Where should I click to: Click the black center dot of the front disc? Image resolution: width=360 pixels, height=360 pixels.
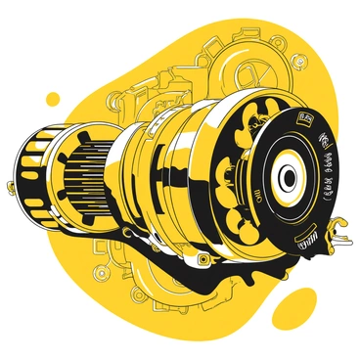pos(286,177)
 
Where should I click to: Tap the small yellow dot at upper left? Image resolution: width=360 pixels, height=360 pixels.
pos(52,98)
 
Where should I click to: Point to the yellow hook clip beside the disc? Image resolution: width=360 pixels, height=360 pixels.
pos(339,230)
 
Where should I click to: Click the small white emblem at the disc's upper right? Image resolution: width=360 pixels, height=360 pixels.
pos(323,138)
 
